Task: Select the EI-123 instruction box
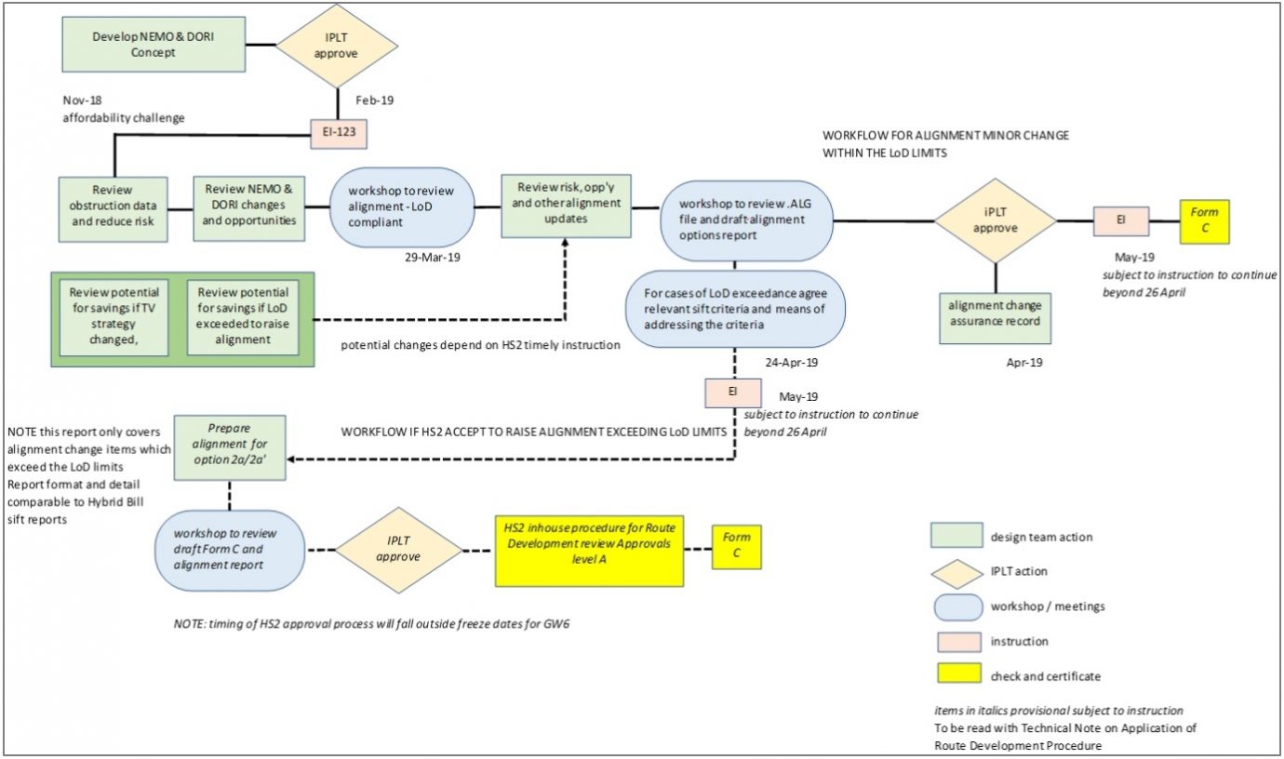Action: [x=339, y=134]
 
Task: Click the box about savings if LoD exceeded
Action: [x=243, y=318]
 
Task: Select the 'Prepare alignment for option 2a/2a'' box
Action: [x=229, y=447]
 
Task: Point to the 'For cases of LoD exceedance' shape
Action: [x=735, y=310]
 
